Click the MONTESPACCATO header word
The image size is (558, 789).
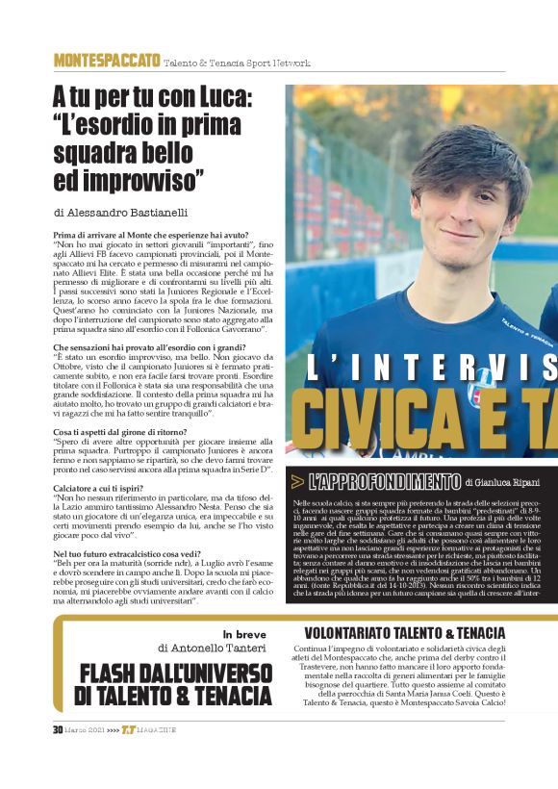pos(107,61)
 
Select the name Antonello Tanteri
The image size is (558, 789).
pos(225,649)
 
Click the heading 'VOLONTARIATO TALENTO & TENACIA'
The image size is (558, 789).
pos(404,632)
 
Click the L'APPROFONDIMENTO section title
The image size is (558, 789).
pos(385,481)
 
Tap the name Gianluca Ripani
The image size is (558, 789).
pos(504,482)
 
